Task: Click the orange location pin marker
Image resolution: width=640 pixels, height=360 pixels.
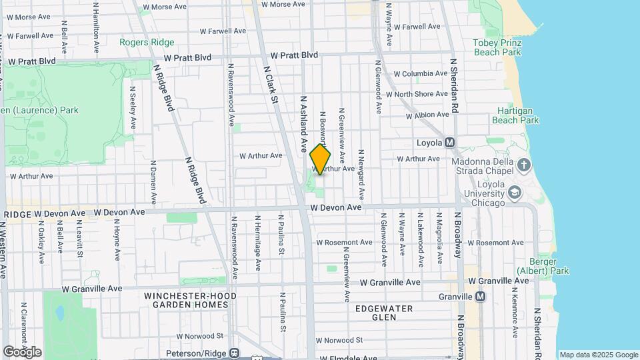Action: click(320, 159)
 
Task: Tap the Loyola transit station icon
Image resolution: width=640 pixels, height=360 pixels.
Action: click(449, 143)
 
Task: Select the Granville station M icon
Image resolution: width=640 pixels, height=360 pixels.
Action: click(480, 296)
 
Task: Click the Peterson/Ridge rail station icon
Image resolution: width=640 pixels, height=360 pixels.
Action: click(233, 353)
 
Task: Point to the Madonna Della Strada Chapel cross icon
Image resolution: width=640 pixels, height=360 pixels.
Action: click(524, 165)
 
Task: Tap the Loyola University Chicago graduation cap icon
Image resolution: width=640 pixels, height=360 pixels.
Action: click(514, 193)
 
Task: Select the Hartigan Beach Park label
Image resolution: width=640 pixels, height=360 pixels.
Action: click(515, 115)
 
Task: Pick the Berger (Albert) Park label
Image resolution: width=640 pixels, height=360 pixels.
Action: click(543, 266)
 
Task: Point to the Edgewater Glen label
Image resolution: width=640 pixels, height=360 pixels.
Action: click(383, 313)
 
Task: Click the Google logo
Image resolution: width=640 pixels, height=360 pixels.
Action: click(22, 351)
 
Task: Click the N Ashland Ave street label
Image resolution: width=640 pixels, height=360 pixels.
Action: click(303, 123)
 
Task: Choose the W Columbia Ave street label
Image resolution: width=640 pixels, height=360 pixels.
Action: click(420, 73)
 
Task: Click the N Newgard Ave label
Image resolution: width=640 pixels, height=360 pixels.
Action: click(361, 175)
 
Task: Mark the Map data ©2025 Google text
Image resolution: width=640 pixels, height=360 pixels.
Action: click(598, 355)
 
